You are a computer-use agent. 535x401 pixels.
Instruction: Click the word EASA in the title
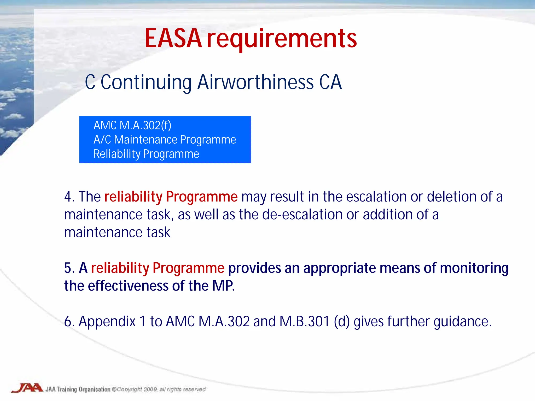tap(173, 39)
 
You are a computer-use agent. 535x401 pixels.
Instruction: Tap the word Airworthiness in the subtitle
tap(255, 82)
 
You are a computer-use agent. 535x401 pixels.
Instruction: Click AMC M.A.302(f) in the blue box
tap(132, 125)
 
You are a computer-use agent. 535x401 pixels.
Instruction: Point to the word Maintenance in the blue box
tap(146, 140)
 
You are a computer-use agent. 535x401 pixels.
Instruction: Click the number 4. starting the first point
tap(69, 196)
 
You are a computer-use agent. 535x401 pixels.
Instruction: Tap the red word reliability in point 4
tap(133, 196)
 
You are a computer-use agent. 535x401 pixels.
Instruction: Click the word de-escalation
tap(302, 215)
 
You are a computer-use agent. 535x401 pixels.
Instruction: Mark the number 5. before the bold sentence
tap(69, 268)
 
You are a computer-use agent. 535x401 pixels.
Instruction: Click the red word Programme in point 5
tap(188, 268)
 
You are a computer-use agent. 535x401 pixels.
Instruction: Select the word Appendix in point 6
tap(107, 322)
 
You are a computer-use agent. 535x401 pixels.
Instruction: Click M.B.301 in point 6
tap(305, 321)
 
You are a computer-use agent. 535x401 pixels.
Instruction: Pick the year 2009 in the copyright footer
tap(150, 389)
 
